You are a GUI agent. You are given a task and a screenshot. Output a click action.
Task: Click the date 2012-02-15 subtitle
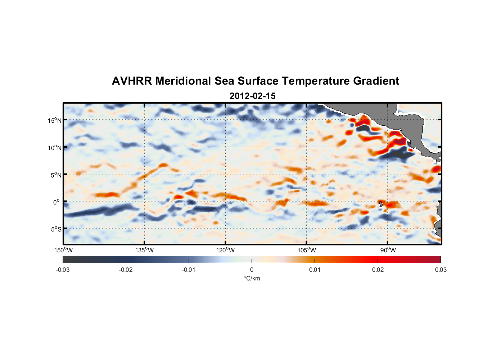click(252, 96)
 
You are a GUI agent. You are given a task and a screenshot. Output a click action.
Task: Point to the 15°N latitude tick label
click(55, 120)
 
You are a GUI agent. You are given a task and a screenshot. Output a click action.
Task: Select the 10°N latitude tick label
click(55, 148)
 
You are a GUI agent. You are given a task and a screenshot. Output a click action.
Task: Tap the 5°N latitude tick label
click(56, 175)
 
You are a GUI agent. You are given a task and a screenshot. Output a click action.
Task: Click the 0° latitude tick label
click(57, 202)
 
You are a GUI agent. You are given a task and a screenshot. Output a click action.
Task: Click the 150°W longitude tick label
click(63, 250)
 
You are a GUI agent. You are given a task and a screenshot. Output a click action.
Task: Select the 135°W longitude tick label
click(144, 250)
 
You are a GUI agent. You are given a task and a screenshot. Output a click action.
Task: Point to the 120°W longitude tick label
click(225, 250)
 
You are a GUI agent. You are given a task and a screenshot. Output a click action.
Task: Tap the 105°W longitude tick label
click(307, 250)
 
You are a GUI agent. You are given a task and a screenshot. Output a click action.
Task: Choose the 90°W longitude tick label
click(388, 250)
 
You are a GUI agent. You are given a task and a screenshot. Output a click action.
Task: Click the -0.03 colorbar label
click(63, 270)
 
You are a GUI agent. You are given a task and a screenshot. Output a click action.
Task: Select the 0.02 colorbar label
click(378, 270)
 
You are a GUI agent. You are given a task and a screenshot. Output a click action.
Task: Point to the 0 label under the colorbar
click(252, 270)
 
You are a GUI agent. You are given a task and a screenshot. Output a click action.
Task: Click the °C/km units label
click(252, 278)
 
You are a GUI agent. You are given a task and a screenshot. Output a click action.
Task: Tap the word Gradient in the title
click(376, 81)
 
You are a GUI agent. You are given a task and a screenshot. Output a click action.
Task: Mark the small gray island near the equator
click(381, 204)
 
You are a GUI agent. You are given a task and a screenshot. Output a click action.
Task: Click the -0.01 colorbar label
click(189, 270)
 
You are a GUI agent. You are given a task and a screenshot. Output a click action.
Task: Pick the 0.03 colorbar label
click(440, 270)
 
